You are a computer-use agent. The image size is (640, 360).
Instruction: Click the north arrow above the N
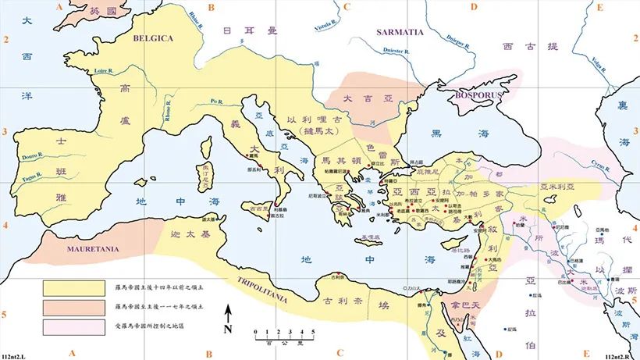pos(228,314)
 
